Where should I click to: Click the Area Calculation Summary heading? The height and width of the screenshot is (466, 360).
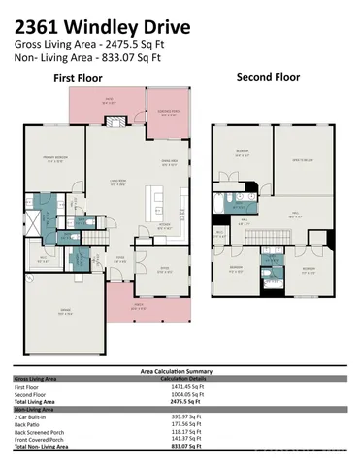tap(179, 370)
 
